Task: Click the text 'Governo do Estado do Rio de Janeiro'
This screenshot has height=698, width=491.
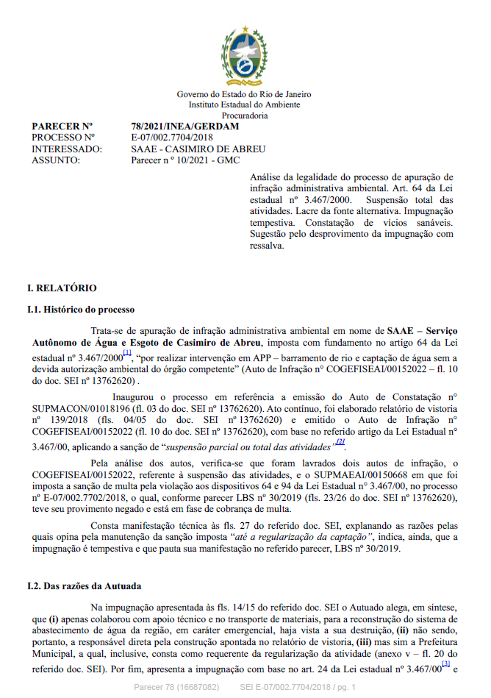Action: click(x=244, y=94)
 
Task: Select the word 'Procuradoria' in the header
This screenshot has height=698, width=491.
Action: click(x=244, y=115)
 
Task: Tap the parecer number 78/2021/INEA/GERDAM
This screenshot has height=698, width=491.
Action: click(x=175, y=127)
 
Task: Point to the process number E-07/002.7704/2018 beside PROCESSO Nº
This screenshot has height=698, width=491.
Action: click(x=171, y=137)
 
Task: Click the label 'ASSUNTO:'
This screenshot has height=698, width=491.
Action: click(x=54, y=158)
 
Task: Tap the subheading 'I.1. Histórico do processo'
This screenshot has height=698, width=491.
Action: click(x=80, y=310)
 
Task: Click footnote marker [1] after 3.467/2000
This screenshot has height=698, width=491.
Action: click(x=127, y=353)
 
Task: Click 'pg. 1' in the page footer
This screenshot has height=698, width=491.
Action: click(x=343, y=687)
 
